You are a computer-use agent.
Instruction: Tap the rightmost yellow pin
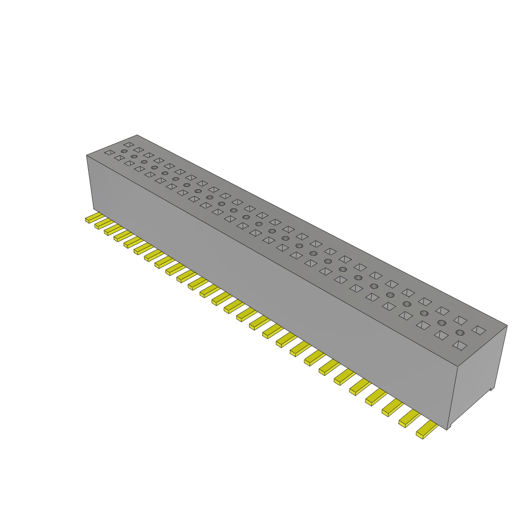[x=427, y=430]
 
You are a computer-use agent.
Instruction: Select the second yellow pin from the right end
[x=409, y=418]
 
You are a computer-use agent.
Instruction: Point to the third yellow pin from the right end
[x=393, y=407]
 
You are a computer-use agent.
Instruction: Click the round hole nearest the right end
[x=459, y=332]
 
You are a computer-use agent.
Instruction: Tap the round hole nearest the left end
[x=124, y=151]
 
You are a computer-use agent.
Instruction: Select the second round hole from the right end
[x=441, y=323]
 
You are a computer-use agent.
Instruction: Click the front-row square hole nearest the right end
[x=459, y=345]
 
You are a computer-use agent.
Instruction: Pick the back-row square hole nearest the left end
[x=129, y=144]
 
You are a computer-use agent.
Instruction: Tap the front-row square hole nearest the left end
[x=109, y=152]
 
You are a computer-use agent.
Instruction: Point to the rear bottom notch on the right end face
[x=492, y=388]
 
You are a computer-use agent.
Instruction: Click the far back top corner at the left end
[x=137, y=135]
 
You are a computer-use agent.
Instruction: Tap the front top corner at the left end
[x=86, y=155]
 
